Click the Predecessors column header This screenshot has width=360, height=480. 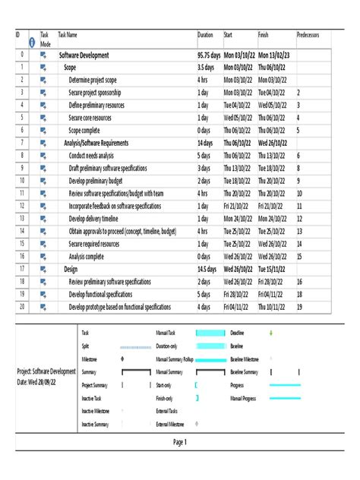(x=310, y=35)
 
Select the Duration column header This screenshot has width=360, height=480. (x=206, y=35)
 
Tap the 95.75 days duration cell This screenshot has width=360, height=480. (x=210, y=55)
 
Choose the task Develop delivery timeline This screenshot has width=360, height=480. (x=99, y=218)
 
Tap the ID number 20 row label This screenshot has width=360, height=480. (x=22, y=306)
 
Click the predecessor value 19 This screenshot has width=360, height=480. (x=299, y=306)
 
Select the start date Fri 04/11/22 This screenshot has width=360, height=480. (x=237, y=306)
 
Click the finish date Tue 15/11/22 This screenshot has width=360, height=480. (x=274, y=268)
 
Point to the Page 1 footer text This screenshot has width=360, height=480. (x=179, y=442)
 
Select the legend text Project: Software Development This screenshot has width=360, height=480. (x=46, y=371)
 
